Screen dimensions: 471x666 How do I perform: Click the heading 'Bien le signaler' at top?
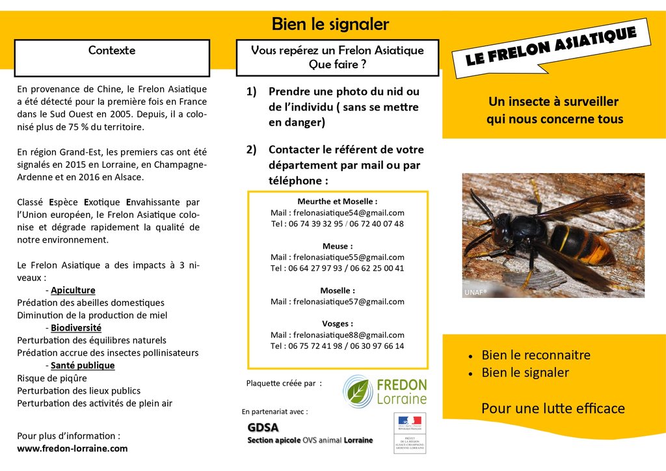[330, 25]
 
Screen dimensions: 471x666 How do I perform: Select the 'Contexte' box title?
[112, 50]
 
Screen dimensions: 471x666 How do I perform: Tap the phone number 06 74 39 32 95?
[315, 224]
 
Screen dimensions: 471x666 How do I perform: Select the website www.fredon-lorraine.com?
[72, 448]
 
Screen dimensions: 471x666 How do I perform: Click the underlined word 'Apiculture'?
[73, 290]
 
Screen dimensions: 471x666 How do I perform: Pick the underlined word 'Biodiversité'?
[75, 328]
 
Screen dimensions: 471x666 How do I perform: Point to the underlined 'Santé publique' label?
[83, 366]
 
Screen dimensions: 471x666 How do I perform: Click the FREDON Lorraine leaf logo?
[358, 390]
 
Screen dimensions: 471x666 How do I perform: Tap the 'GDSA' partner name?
[263, 427]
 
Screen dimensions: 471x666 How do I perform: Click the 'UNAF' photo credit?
[475, 293]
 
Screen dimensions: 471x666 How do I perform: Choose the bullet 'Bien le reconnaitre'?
[535, 355]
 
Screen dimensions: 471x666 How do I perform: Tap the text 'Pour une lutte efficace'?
[553, 409]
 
